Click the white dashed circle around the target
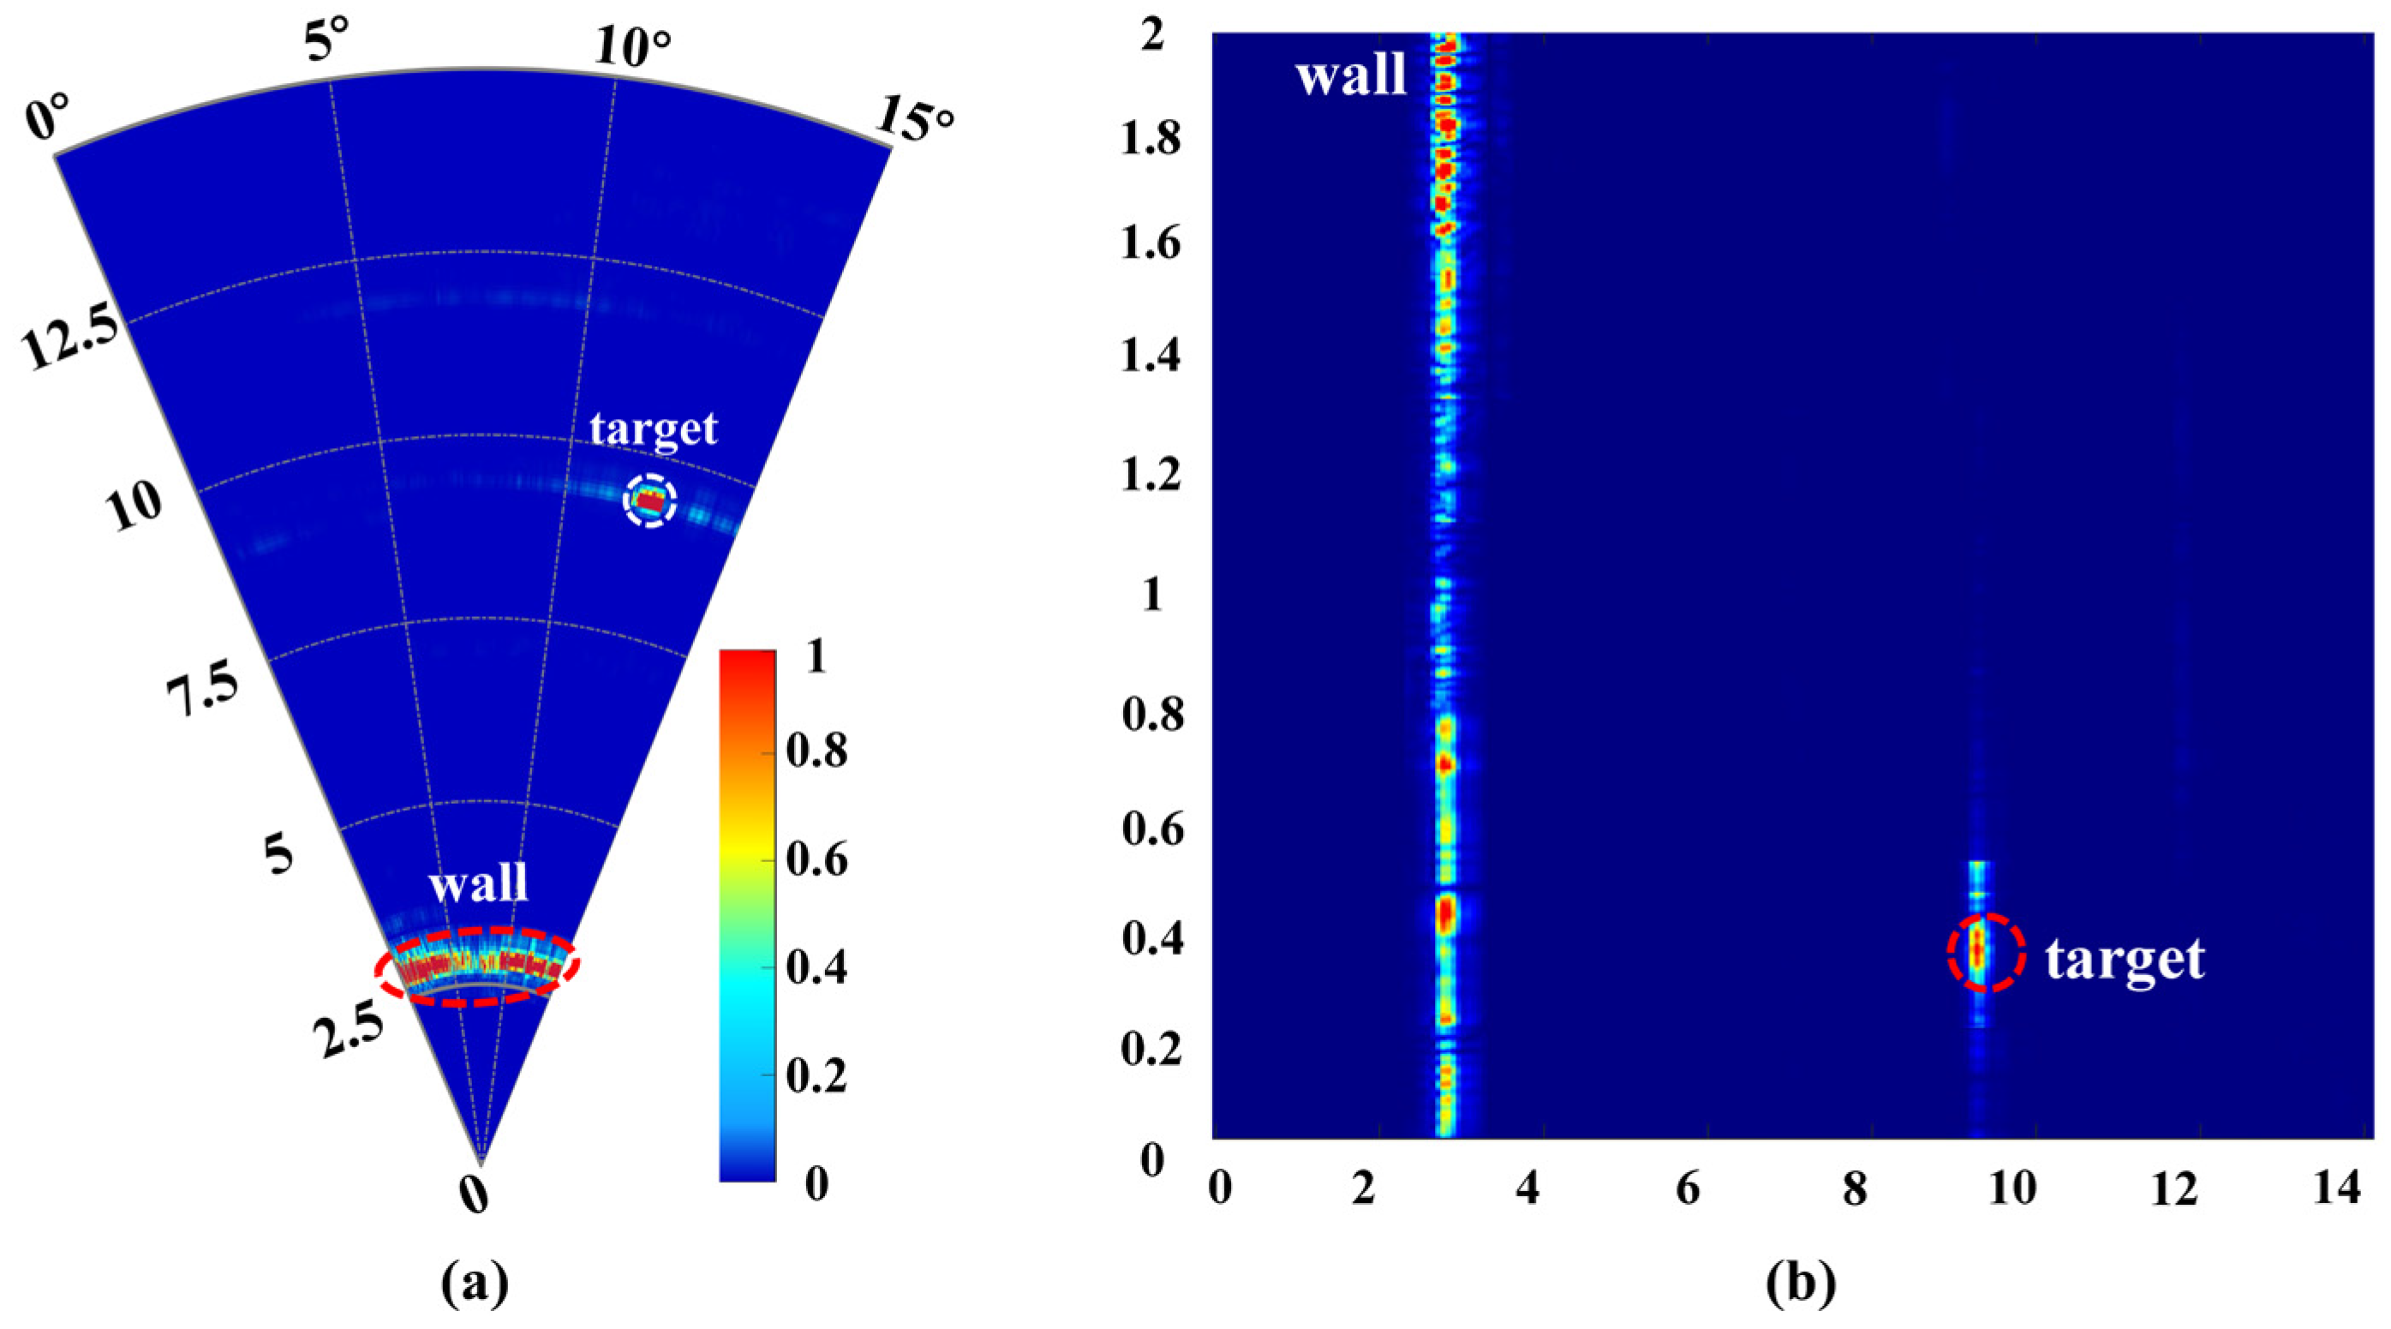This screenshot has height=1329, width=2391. (649, 500)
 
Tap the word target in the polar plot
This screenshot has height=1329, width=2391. (654, 428)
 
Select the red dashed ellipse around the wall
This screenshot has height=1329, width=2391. (477, 965)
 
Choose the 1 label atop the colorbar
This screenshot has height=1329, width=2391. (816, 657)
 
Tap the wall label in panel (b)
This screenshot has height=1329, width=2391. (1350, 75)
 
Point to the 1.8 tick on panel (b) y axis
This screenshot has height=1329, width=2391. (1151, 138)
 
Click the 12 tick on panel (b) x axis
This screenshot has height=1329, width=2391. (2175, 1190)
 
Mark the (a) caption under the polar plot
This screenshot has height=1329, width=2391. (475, 1284)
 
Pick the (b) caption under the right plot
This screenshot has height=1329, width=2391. (1801, 1284)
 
